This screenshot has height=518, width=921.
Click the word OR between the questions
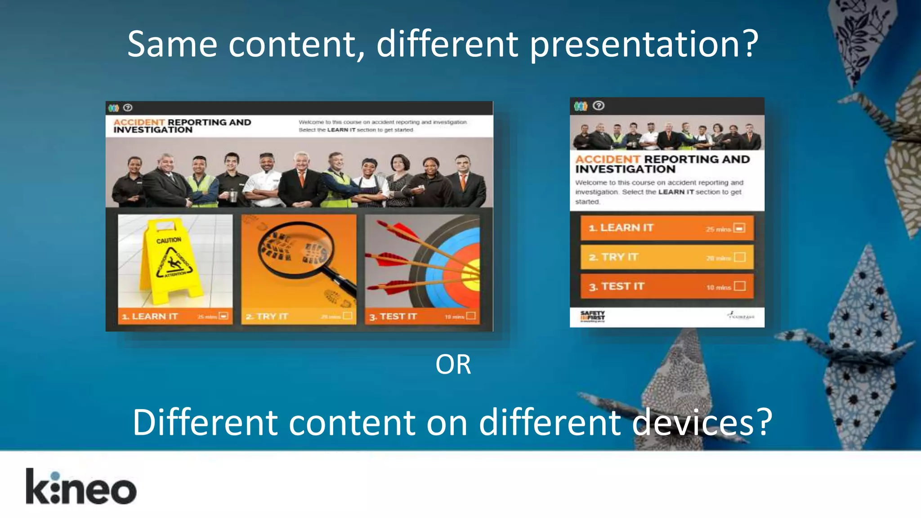453,364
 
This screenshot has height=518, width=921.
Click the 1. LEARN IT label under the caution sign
150,317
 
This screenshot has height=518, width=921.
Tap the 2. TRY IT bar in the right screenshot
666,257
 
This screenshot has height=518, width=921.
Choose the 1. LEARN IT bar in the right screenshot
666,228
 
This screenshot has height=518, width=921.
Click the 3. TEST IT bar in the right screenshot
666,286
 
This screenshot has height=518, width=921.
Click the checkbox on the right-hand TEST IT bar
739,286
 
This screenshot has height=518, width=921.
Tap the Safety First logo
592,317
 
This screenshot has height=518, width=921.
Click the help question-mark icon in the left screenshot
128,107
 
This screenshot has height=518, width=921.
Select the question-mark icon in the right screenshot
599,106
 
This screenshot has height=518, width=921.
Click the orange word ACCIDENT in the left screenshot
139,122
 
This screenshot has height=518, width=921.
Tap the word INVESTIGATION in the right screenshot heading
625,170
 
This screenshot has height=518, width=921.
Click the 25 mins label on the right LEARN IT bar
718,229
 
